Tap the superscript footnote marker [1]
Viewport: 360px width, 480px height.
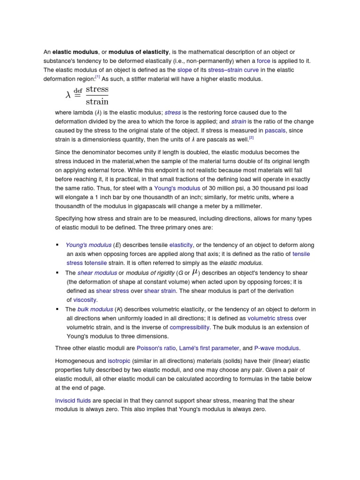[x=97, y=77]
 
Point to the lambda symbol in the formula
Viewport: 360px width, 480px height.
[x=68, y=95]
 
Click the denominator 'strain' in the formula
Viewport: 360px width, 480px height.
[x=97, y=101]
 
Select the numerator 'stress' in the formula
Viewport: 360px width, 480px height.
[x=97, y=89]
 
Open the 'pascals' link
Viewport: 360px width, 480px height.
[x=275, y=130]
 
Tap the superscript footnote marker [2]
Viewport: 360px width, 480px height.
[x=251, y=138]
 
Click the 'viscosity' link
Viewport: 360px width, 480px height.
[x=85, y=300]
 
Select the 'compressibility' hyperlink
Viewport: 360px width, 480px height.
[x=189, y=327]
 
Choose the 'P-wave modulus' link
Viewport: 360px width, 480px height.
[x=277, y=348]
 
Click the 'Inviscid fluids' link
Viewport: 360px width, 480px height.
[x=73, y=401]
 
